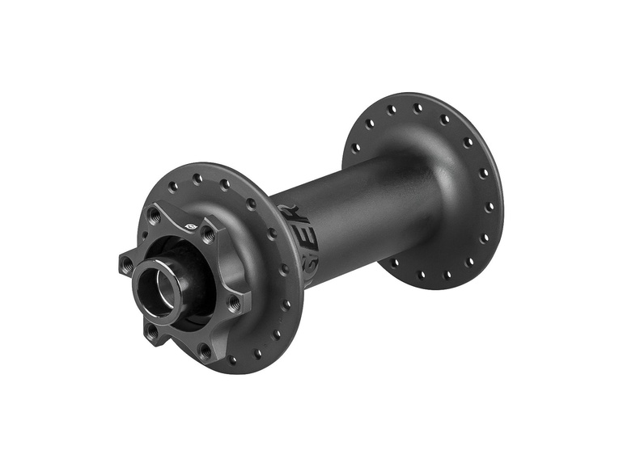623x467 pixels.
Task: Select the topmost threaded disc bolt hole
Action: tap(154, 215)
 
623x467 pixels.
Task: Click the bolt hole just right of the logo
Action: tap(208, 235)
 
